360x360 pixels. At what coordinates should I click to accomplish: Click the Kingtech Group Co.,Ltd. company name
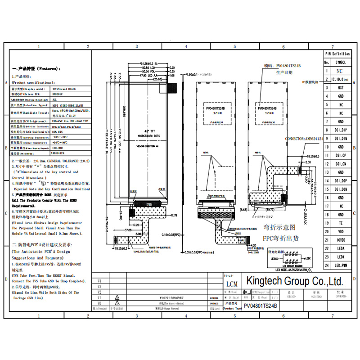(294, 281)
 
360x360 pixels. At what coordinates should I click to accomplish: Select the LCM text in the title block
(231, 284)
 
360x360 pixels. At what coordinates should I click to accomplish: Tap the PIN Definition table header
(337, 54)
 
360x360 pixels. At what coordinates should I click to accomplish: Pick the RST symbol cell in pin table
(341, 88)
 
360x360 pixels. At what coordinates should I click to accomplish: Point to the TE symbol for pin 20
(341, 223)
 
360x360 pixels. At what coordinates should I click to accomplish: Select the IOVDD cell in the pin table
(341, 240)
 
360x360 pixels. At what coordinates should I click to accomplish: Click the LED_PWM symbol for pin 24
(341, 265)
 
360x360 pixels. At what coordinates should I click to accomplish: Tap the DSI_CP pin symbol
(341, 155)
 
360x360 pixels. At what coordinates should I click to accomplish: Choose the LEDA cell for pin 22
(341, 249)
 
